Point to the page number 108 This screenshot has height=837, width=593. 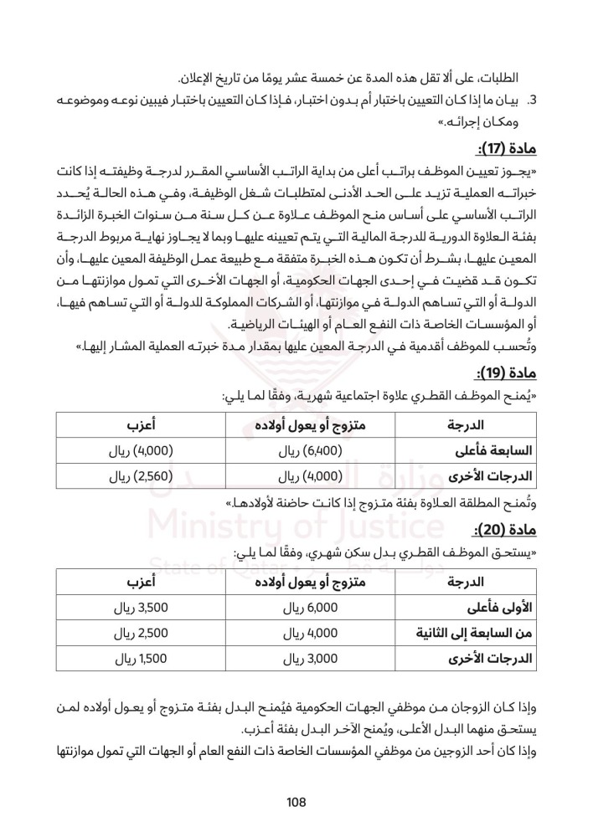(296, 802)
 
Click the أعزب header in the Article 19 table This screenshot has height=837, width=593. (129, 423)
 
